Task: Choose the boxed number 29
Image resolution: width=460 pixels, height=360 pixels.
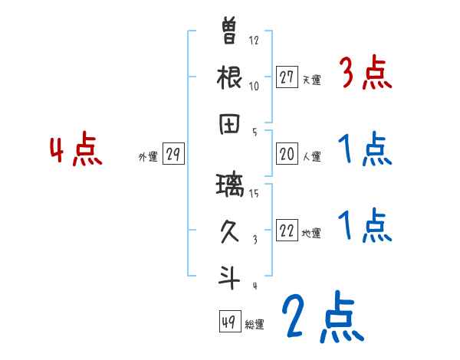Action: (x=172, y=155)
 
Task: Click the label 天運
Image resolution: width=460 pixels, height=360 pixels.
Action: (x=310, y=80)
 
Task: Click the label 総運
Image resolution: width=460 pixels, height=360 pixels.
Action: (x=255, y=324)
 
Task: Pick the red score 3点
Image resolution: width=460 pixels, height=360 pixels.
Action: (x=365, y=74)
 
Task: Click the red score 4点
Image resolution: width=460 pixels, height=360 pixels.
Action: (x=76, y=150)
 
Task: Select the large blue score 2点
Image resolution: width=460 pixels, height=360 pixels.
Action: (x=321, y=317)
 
